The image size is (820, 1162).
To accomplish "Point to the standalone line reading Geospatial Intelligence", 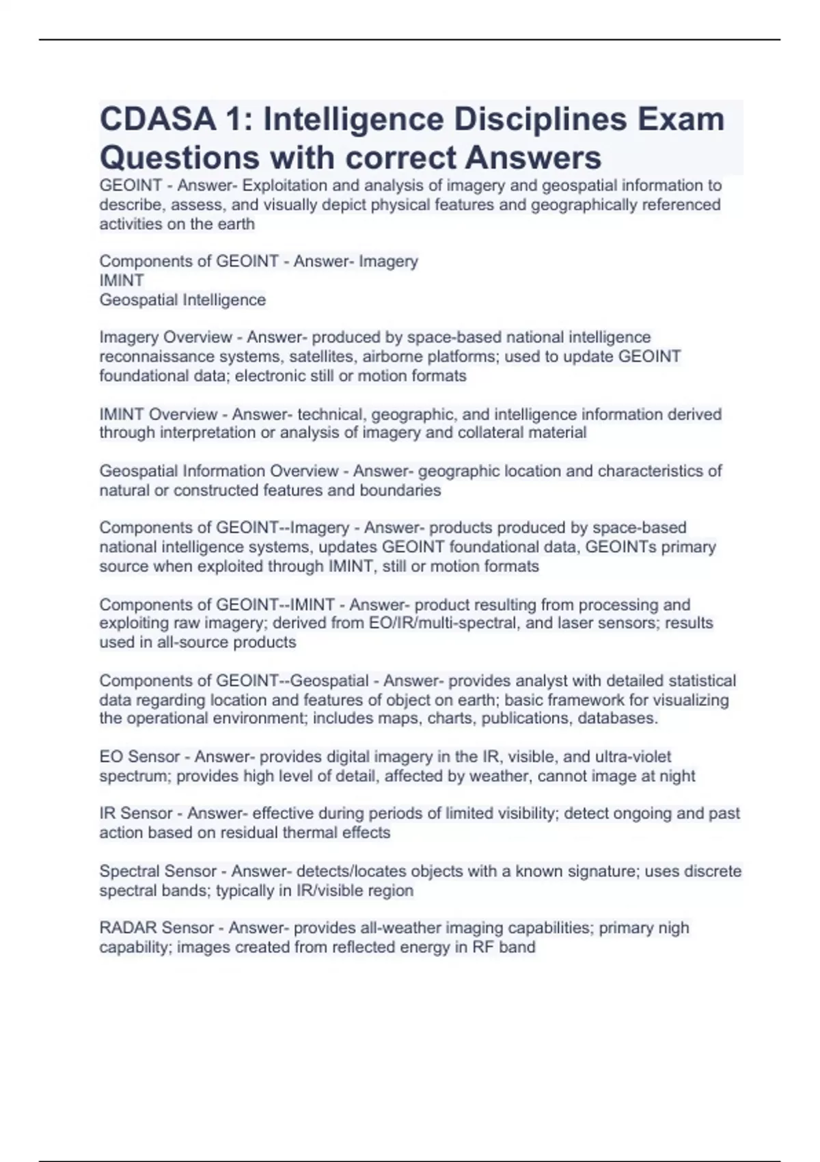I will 182,300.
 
